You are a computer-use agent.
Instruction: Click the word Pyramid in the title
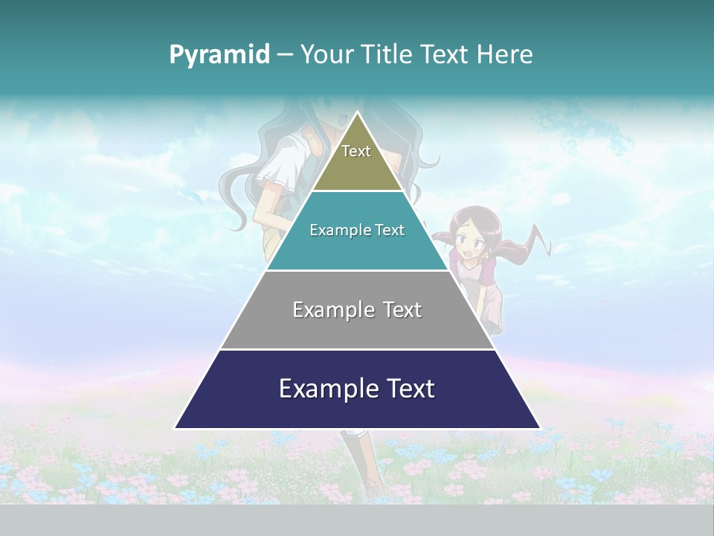[219, 55]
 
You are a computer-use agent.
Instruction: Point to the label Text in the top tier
[356, 151]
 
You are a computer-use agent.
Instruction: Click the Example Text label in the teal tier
[357, 230]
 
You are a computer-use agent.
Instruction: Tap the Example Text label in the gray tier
[357, 310]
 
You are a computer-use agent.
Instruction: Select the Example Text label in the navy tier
[357, 389]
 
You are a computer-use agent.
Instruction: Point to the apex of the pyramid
[358, 113]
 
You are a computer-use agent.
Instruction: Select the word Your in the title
[327, 55]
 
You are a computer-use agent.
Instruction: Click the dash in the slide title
[285, 55]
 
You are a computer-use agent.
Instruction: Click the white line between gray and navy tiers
[358, 349]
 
